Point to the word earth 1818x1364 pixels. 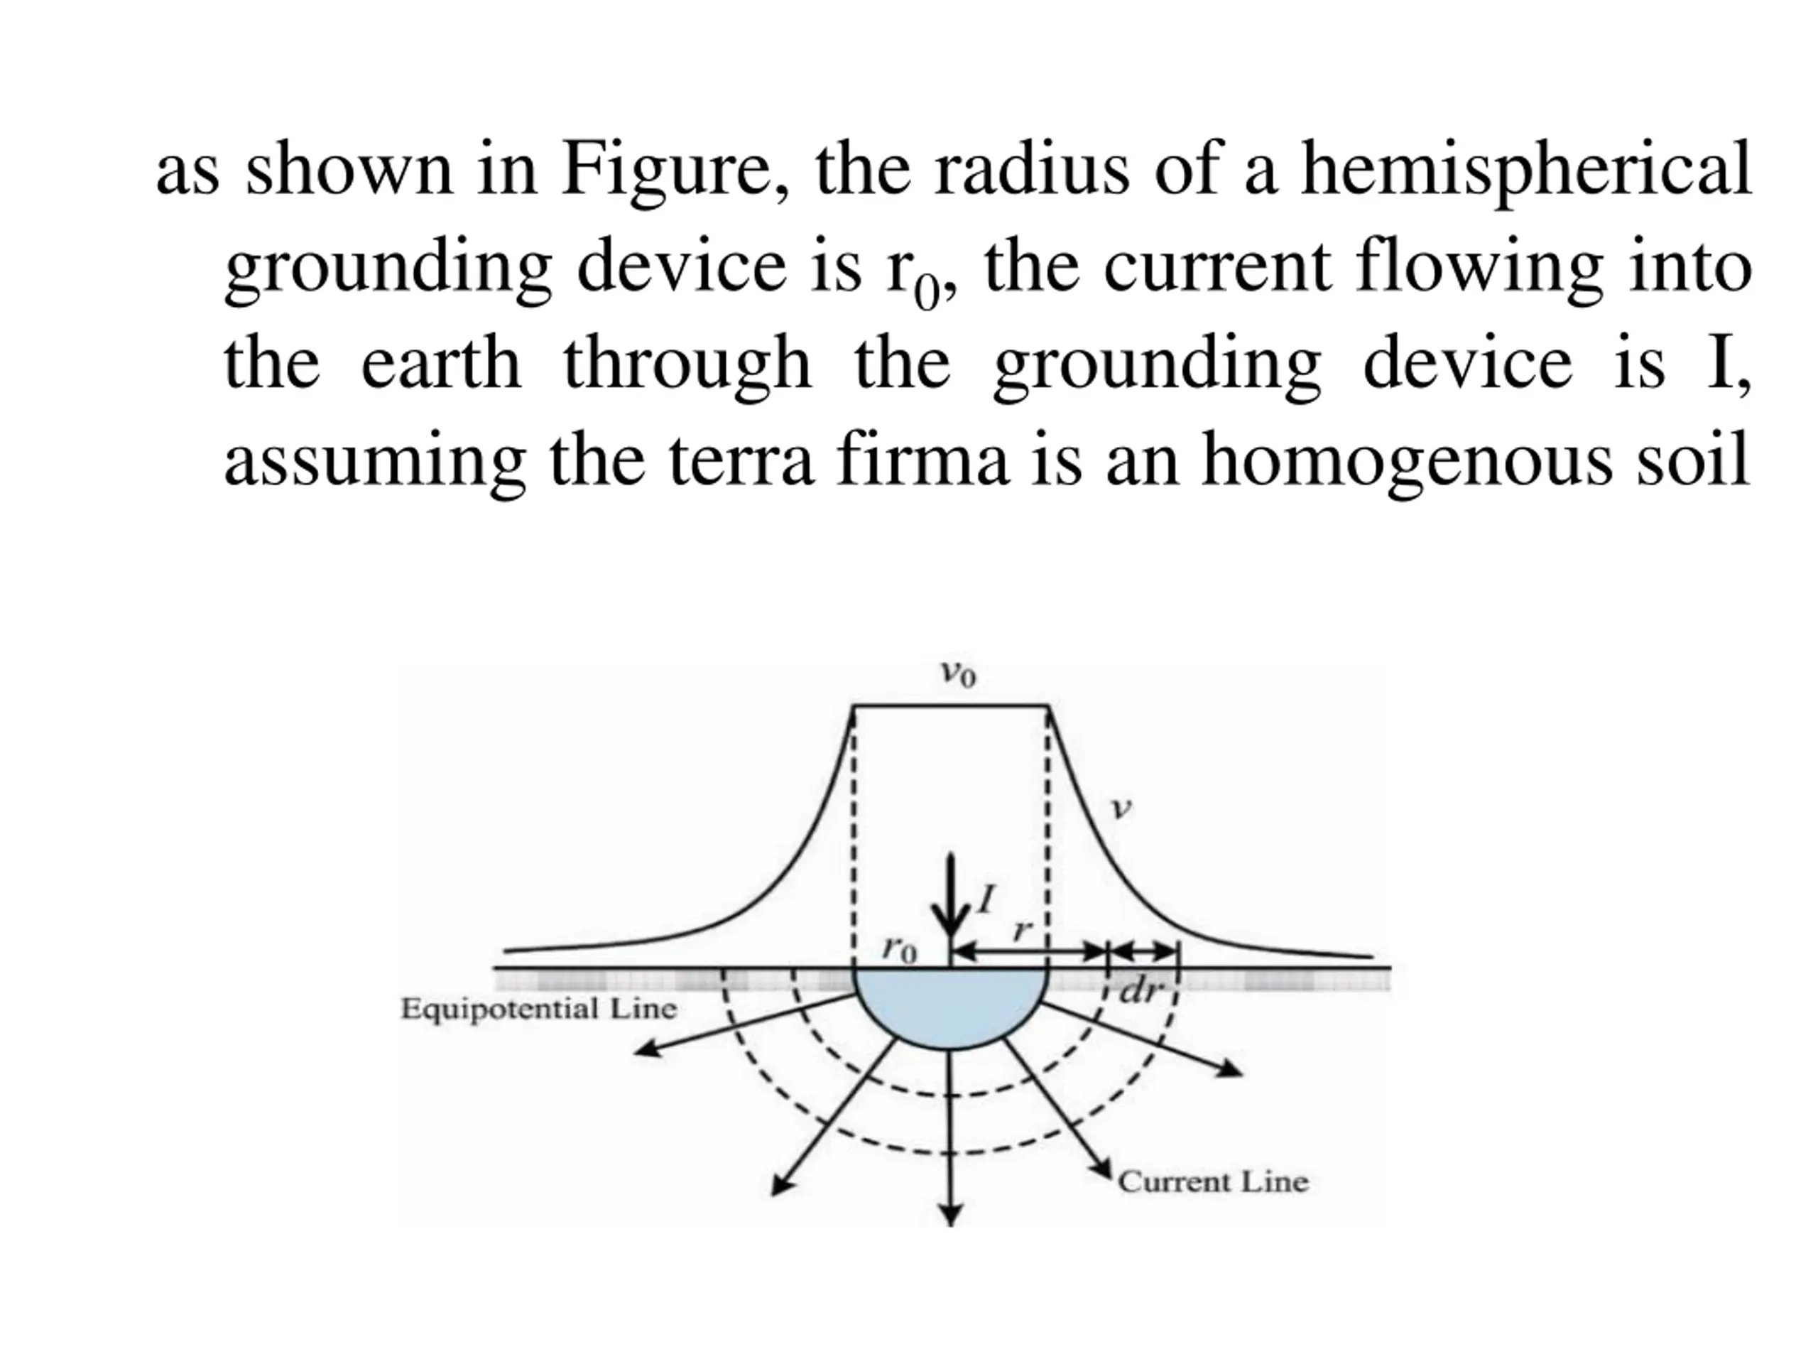(x=440, y=364)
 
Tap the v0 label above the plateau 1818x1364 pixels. (x=957, y=674)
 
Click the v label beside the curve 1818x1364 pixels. (x=1119, y=808)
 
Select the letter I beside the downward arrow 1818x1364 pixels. (x=986, y=899)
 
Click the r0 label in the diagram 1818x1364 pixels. (x=898, y=950)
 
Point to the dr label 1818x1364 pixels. (x=1143, y=992)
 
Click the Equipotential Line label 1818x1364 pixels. (x=539, y=1009)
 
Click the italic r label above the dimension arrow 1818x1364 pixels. (x=1022, y=930)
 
